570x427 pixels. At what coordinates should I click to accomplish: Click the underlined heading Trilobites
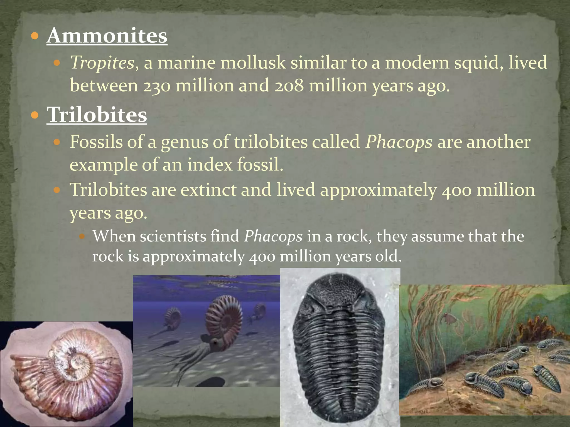pyautogui.click(x=97, y=115)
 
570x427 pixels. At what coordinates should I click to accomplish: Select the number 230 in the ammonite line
pyautogui.click(x=156, y=86)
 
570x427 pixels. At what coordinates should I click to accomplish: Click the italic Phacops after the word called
pyautogui.click(x=399, y=142)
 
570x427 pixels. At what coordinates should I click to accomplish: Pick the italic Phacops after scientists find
pyautogui.click(x=273, y=237)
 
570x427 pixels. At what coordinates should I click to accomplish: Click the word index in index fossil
pyautogui.click(x=210, y=165)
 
